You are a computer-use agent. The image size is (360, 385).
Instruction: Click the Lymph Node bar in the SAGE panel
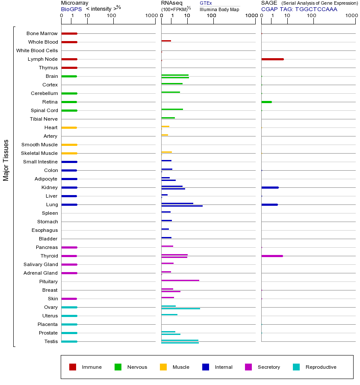tap(272, 59)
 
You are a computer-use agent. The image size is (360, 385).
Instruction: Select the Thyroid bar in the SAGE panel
tap(272, 256)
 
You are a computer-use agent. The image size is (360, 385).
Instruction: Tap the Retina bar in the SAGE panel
tap(266, 102)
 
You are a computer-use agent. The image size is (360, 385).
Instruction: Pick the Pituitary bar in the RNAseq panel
tap(180, 280)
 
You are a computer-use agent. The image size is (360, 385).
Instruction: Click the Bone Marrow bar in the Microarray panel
tap(69, 33)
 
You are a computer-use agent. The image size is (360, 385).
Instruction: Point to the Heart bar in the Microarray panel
tap(69, 127)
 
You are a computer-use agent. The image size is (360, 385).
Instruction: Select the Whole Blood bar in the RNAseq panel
tap(166, 41)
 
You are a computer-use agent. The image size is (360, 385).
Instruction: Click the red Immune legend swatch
tap(73, 367)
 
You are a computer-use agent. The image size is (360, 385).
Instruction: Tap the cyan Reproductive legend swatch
tap(296, 367)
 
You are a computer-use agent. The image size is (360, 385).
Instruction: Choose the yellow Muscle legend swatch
tap(163, 367)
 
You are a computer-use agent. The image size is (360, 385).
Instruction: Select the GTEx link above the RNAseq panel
tap(206, 3)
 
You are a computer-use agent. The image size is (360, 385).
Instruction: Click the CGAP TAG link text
tap(299, 9)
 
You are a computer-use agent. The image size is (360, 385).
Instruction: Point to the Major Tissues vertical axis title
tap(6, 160)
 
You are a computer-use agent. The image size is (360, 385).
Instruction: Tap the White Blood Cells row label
tap(37, 50)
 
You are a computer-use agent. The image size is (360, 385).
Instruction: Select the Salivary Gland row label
tap(42, 264)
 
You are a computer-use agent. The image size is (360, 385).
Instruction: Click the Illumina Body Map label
tap(219, 9)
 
